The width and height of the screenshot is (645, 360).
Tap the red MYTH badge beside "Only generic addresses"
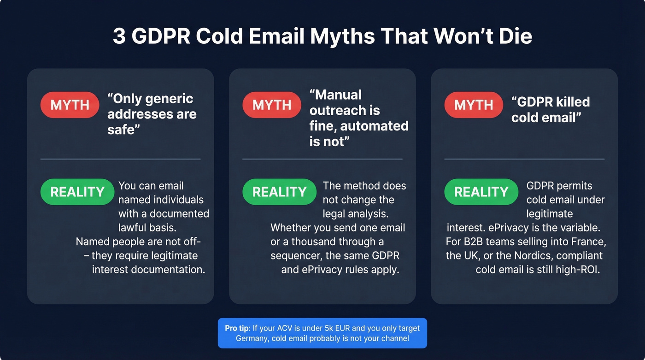[x=70, y=105]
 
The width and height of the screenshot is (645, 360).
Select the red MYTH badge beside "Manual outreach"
[x=271, y=105]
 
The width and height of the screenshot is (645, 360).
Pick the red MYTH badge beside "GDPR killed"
[x=473, y=105]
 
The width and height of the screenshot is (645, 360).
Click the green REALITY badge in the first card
[x=77, y=192]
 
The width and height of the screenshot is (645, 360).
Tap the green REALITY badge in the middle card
[x=279, y=192]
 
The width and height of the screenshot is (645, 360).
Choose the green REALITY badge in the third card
[x=481, y=192]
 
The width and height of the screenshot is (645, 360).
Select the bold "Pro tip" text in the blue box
[x=237, y=328]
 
